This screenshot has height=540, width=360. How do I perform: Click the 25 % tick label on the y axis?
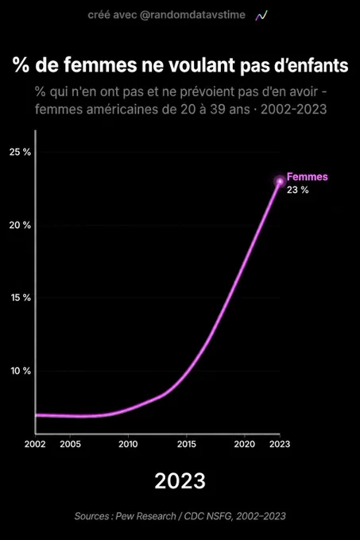pos(20,152)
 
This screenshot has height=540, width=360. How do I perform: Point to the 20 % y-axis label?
pos(20,226)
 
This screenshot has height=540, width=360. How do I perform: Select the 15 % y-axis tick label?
pos(21,298)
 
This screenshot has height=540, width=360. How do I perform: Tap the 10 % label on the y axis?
pos(21,371)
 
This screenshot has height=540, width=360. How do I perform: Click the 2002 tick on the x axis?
pos(35,444)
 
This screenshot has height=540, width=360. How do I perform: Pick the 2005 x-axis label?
pos(70,444)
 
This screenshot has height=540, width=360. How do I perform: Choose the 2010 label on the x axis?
pos(128,444)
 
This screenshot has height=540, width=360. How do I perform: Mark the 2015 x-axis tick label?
pos(187,444)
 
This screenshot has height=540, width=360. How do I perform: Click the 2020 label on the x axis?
pos(245,444)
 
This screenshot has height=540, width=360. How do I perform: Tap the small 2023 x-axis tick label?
pos(280,444)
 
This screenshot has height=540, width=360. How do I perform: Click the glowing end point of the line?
pos(280,181)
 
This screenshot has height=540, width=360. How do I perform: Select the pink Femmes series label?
pos(308,176)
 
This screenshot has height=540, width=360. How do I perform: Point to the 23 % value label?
pos(298,190)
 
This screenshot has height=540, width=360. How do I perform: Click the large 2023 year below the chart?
pos(180,480)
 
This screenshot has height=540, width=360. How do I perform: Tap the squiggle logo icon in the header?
pos(261,16)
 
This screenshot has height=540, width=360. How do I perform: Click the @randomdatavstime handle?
pos(192,15)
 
